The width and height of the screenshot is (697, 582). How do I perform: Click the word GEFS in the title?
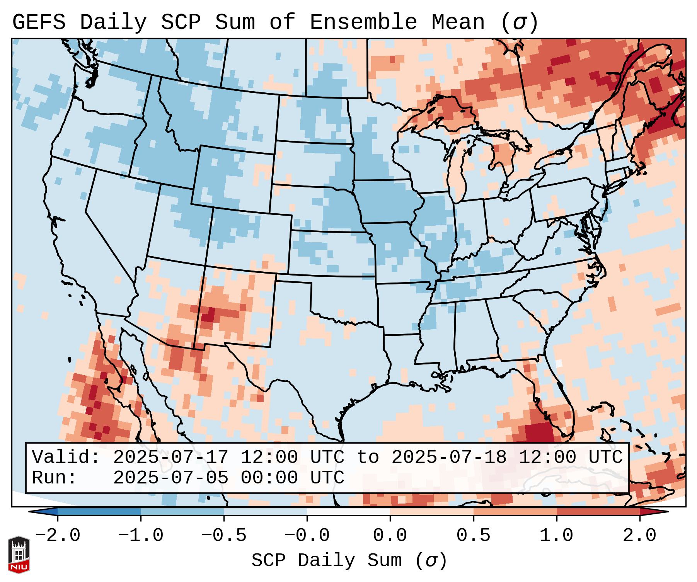[39, 22]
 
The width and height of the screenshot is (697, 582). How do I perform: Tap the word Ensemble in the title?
[363, 22]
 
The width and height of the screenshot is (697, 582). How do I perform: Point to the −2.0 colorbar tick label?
[58, 536]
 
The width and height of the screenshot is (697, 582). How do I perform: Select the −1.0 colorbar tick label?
[141, 536]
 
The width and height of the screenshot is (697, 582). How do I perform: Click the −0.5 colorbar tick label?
[224, 536]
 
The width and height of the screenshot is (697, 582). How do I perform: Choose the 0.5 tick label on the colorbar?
[473, 536]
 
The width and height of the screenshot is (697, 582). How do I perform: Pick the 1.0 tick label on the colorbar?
[556, 536]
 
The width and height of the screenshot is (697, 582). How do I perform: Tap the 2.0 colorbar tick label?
[639, 536]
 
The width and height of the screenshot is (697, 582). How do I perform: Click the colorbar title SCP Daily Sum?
[327, 561]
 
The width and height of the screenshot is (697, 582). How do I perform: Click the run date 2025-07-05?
[170, 478]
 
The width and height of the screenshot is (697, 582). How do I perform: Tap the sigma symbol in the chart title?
[519, 23]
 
